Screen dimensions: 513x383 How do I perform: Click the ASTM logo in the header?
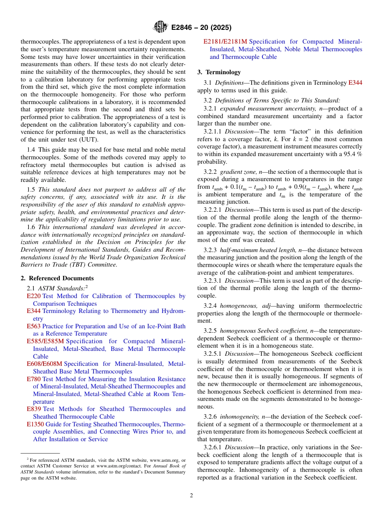(x=160, y=27)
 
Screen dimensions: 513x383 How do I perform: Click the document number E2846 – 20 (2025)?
(x=201, y=28)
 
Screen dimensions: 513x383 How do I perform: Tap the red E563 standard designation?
(x=33, y=326)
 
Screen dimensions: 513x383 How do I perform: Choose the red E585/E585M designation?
(x=45, y=341)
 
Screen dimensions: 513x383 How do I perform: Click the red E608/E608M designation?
(x=45, y=364)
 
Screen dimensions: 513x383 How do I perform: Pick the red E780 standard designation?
(x=33, y=379)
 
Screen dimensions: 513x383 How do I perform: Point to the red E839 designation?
(x=33, y=409)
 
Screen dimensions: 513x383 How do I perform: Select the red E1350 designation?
(x=35, y=424)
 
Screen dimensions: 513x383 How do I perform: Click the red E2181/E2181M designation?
(x=225, y=42)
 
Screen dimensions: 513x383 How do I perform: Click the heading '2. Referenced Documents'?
(x=57, y=278)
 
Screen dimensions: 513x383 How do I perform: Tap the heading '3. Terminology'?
(x=219, y=72)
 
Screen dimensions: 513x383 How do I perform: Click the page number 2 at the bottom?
(x=191, y=496)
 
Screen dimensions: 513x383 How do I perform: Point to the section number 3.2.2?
(x=210, y=172)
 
